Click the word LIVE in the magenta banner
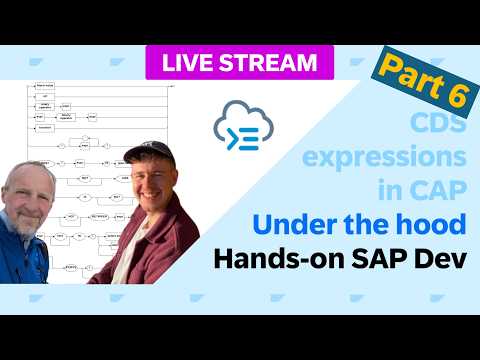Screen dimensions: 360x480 [189, 62]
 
